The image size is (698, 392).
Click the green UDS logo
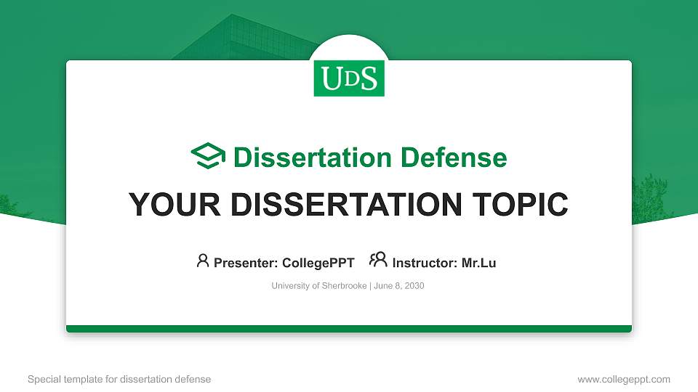click(x=349, y=78)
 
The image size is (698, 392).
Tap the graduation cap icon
click(x=208, y=156)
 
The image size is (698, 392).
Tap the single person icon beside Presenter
click(x=203, y=261)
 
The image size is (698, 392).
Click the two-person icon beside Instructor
click(x=378, y=261)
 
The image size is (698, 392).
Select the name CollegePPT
click(x=318, y=263)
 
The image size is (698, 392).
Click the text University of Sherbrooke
click(x=319, y=286)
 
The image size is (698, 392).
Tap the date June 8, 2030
click(x=399, y=286)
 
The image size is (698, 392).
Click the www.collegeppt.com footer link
click(x=624, y=379)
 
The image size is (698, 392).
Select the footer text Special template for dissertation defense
click(x=119, y=379)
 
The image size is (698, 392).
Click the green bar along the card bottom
click(x=349, y=329)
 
